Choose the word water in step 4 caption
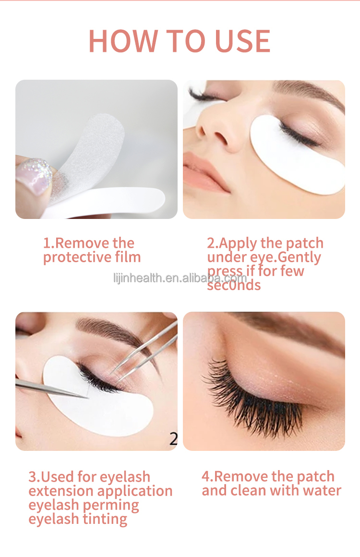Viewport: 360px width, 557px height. [x=321, y=491]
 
